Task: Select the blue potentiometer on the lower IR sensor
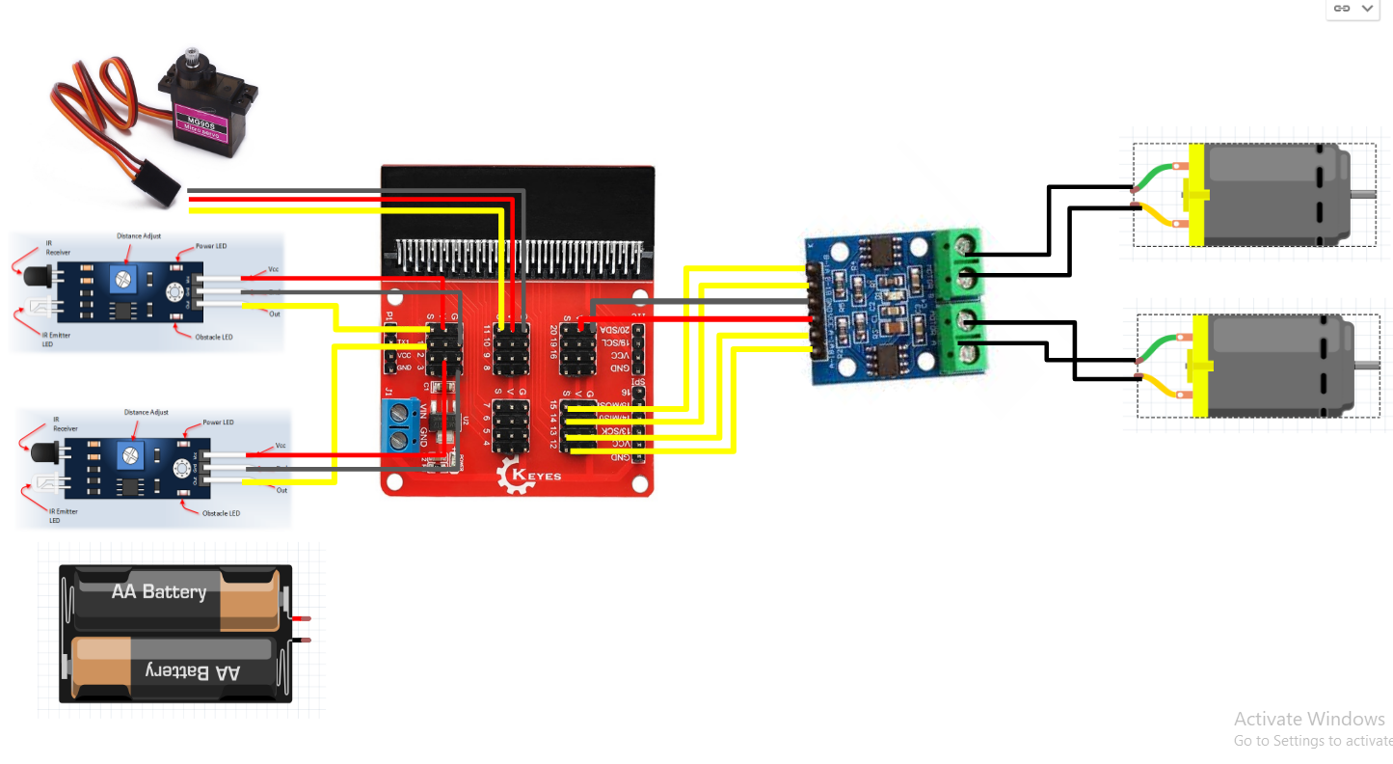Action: pyautogui.click(x=129, y=454)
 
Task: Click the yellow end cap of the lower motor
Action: pyautogui.click(x=1200, y=367)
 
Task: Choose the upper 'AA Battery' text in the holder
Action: pyautogui.click(x=159, y=591)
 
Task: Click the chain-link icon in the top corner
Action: pyautogui.click(x=1341, y=8)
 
